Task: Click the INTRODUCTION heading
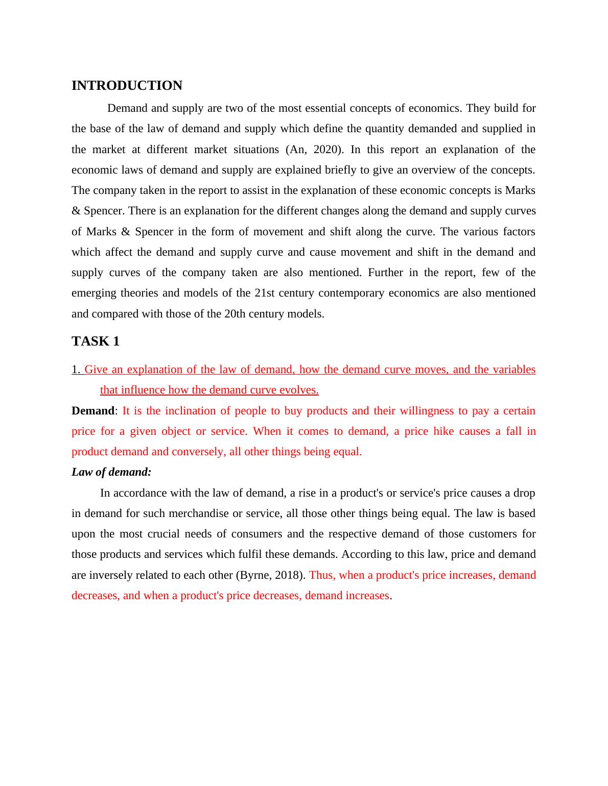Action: (x=127, y=85)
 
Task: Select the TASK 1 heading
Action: (x=96, y=341)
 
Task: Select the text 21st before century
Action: (x=262, y=293)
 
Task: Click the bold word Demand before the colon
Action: (x=92, y=411)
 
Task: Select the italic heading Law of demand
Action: (x=111, y=472)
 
